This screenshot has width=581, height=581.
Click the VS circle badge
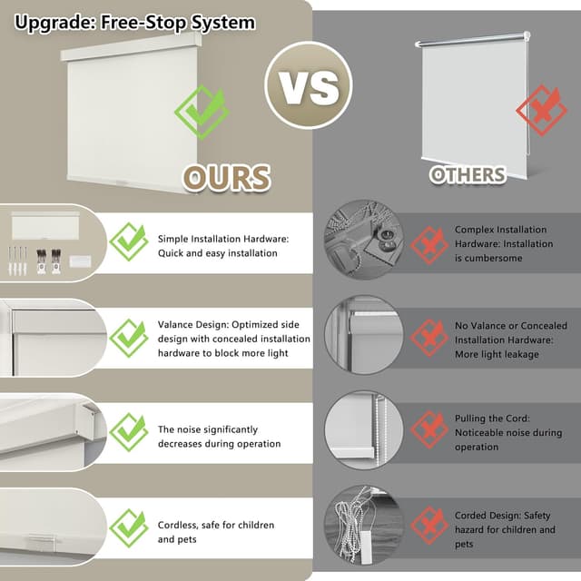308,84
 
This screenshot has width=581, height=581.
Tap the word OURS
227,177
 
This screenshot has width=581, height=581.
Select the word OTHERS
468,174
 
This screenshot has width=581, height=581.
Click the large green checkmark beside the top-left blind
202,111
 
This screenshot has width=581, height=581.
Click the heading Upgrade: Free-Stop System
134,22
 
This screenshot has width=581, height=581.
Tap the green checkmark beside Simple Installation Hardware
129,242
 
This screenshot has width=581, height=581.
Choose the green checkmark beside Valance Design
129,338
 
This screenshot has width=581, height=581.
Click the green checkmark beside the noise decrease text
129,433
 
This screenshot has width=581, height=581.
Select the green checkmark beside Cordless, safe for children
129,528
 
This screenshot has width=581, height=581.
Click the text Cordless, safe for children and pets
216,532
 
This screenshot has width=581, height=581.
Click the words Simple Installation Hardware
222,239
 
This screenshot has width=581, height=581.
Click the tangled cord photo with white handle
363,527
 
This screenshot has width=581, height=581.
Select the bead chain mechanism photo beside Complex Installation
363,243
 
